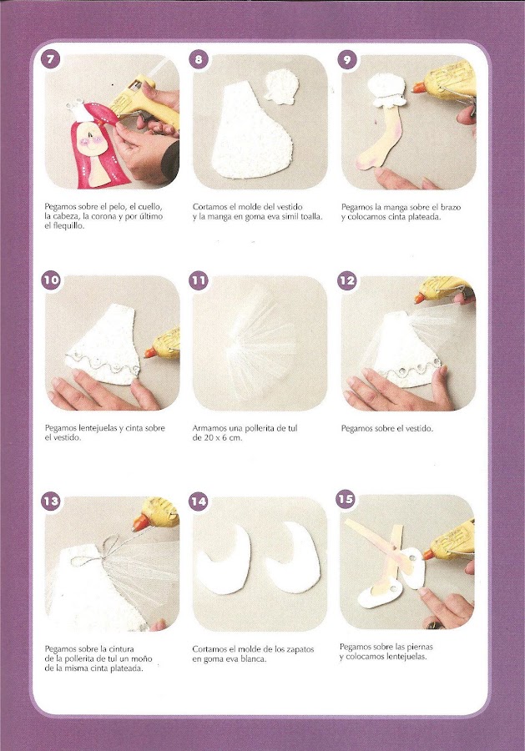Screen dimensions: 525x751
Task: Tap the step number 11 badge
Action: click(199, 280)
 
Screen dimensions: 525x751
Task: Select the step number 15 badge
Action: click(346, 499)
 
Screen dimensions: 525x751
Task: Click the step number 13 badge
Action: click(50, 501)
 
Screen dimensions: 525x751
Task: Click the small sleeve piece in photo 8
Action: click(283, 87)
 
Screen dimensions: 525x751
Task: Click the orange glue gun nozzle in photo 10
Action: click(150, 353)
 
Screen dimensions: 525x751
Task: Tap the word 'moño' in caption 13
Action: click(142, 658)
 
